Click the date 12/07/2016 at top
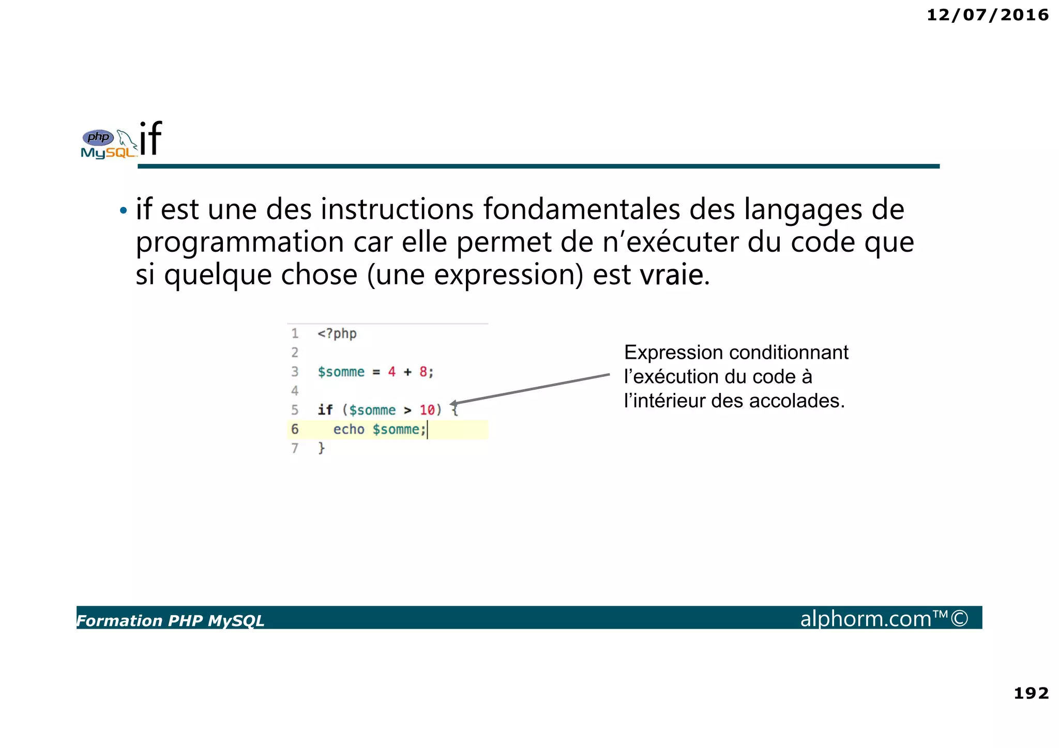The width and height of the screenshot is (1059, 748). coord(987,15)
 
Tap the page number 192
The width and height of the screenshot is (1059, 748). coord(1031,693)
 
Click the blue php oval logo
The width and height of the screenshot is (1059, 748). coord(98,137)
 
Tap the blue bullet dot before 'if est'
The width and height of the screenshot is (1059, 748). coord(123,210)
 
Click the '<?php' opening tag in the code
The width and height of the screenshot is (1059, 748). coord(337,334)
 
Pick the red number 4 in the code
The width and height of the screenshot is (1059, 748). coord(391,372)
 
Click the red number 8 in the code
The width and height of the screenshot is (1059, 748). coord(423,372)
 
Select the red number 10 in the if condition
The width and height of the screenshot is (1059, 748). coord(427,410)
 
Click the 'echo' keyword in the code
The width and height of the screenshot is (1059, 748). coord(349,430)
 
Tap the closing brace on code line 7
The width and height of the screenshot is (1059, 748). coord(321,448)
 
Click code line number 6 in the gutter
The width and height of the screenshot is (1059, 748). coord(295,429)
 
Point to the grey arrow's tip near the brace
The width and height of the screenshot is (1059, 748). coord(452,404)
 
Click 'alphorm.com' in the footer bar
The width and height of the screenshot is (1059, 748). coord(866,619)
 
